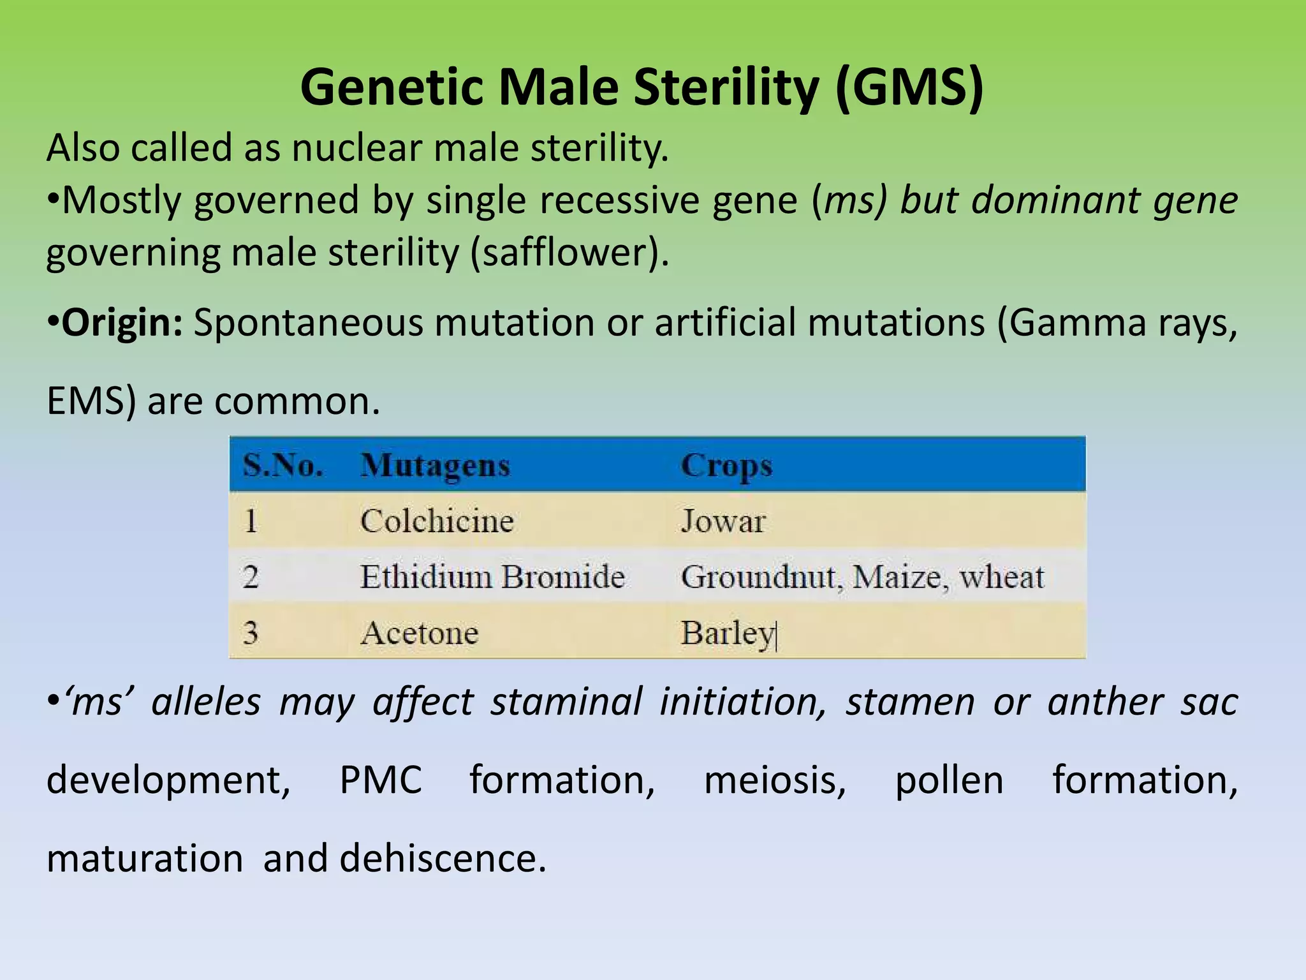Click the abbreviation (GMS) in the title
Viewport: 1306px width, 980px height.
tap(909, 88)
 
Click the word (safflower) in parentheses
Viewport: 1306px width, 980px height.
tap(569, 253)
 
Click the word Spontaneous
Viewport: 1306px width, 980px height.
tap(308, 323)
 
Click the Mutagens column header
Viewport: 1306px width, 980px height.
tap(435, 465)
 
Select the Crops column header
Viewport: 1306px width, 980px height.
tap(726, 465)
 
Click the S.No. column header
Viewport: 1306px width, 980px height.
tap(282, 465)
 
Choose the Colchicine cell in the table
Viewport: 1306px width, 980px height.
tap(437, 521)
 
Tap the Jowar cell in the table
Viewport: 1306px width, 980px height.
tap(723, 521)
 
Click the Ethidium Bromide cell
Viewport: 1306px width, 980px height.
tap(492, 577)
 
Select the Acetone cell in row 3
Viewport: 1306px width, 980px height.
tap(419, 633)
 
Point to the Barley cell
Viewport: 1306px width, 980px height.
tap(727, 633)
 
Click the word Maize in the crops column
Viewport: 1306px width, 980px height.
tap(896, 577)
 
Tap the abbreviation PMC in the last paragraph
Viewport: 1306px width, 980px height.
tap(381, 780)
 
